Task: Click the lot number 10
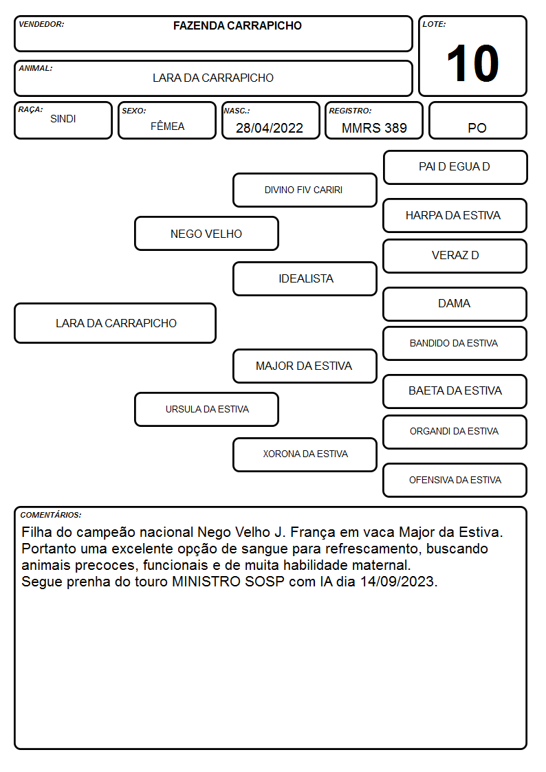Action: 472,63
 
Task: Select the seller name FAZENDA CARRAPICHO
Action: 237,25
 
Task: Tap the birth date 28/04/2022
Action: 270,128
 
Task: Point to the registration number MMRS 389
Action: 374,128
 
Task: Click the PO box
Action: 477,120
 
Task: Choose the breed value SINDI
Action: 63,119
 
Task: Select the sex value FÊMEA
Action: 167,126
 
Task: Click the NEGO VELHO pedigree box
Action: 206,233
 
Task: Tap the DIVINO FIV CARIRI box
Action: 305,190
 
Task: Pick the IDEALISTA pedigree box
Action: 305,278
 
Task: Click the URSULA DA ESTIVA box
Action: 206,409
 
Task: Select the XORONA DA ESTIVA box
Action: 305,454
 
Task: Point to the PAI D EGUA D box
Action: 455,168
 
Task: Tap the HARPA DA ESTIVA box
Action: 455,215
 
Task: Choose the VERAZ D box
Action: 455,256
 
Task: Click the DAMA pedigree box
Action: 455,304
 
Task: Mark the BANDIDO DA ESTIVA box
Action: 455,343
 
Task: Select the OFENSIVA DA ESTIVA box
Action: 455,480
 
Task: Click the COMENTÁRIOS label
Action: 51,515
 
